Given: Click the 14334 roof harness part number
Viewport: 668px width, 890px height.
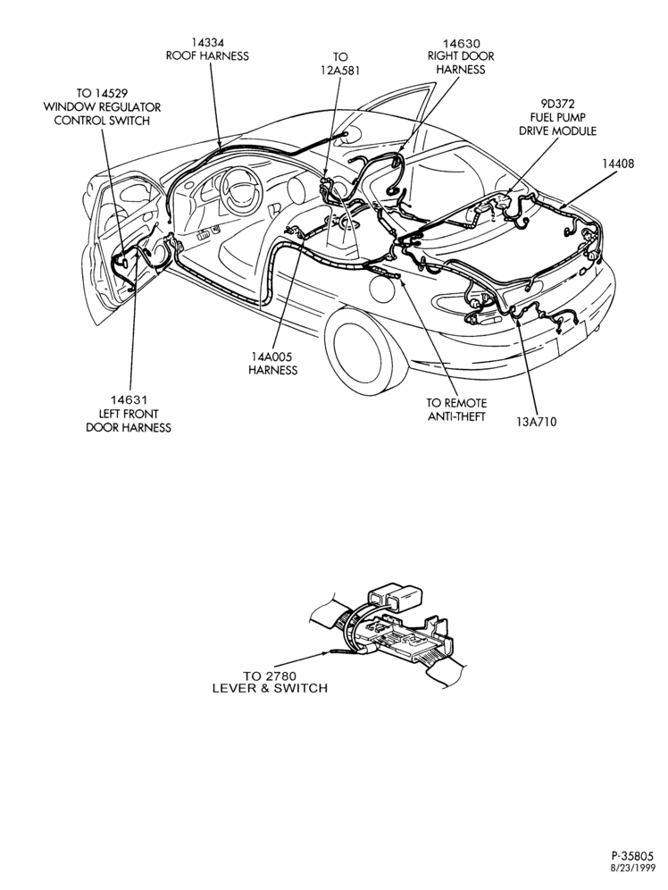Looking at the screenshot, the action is (x=207, y=43).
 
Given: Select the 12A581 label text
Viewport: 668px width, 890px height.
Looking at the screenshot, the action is (x=339, y=71).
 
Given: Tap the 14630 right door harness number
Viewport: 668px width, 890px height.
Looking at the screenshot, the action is (x=461, y=43).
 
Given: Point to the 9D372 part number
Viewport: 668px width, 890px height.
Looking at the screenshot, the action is (x=558, y=104).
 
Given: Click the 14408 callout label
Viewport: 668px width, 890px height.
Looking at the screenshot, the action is (x=618, y=164).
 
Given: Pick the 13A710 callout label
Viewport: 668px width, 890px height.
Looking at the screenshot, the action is (x=537, y=422).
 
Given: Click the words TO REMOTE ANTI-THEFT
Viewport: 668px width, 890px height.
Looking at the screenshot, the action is (x=456, y=410).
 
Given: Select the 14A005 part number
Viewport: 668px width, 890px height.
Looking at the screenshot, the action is (x=272, y=357).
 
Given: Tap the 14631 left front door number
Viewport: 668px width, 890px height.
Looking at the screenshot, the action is (x=129, y=400).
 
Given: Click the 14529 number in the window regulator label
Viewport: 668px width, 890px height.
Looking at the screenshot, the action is (x=111, y=93).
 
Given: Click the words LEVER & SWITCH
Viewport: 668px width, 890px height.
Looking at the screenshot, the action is (x=270, y=688).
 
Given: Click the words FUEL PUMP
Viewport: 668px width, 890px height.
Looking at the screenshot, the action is (x=558, y=117).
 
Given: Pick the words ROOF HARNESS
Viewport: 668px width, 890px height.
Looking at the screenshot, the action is (x=207, y=55).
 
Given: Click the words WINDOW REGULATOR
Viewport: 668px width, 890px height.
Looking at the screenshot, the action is (x=103, y=106).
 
